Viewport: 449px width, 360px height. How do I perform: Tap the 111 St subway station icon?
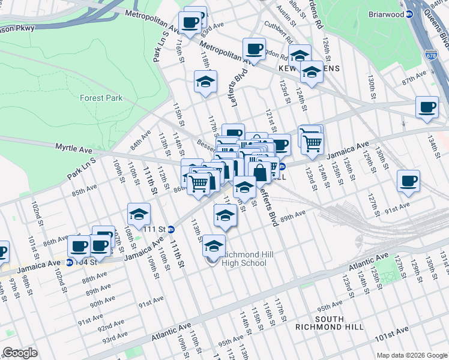point(171,229)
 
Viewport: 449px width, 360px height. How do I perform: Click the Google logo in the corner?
point(20,353)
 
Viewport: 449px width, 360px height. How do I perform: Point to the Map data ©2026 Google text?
point(411,355)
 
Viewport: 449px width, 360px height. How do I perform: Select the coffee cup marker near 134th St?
point(427,107)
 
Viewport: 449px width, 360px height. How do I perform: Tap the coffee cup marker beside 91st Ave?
point(408,181)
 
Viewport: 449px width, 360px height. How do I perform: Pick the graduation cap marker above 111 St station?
point(139,214)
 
